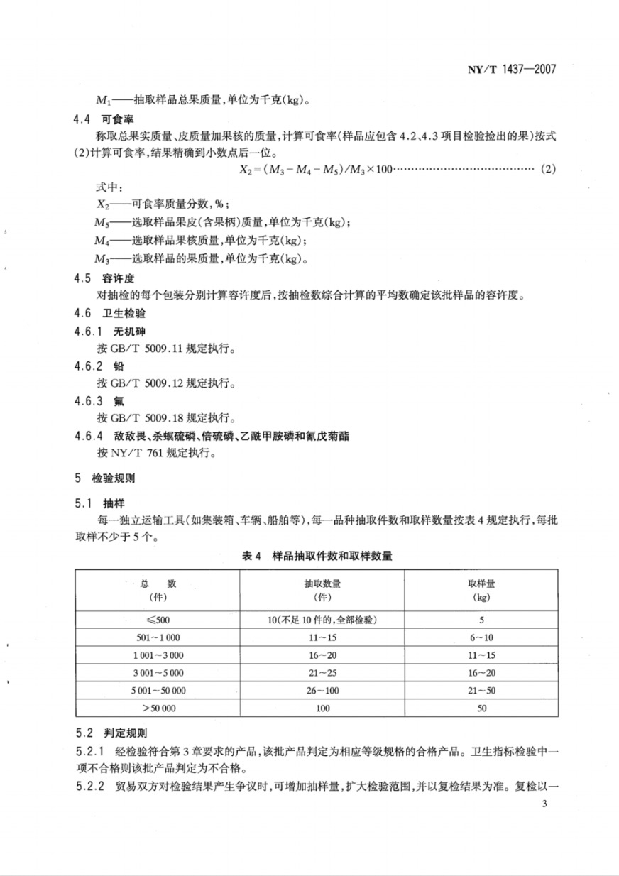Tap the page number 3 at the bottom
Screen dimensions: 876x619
tap(544, 804)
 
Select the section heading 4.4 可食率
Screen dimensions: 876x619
tap(97, 119)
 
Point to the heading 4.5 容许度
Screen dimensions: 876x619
tap(97, 278)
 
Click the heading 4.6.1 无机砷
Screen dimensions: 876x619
tap(104, 331)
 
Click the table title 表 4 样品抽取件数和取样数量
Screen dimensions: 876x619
tap(316, 556)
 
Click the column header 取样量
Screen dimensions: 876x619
tap(481, 584)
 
